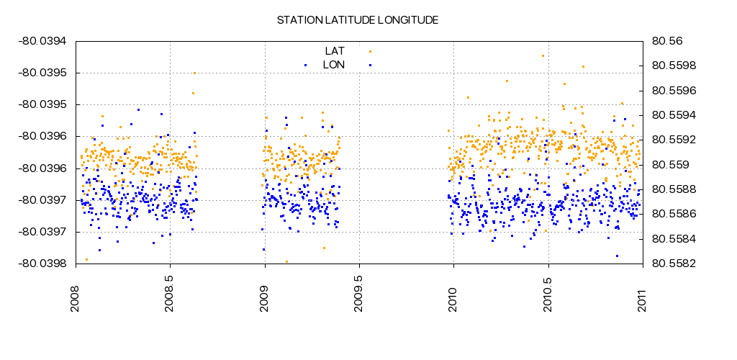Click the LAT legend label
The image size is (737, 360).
[335, 50]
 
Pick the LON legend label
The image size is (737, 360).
[333, 65]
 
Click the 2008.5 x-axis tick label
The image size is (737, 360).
[171, 289]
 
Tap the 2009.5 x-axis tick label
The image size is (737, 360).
[359, 289]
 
